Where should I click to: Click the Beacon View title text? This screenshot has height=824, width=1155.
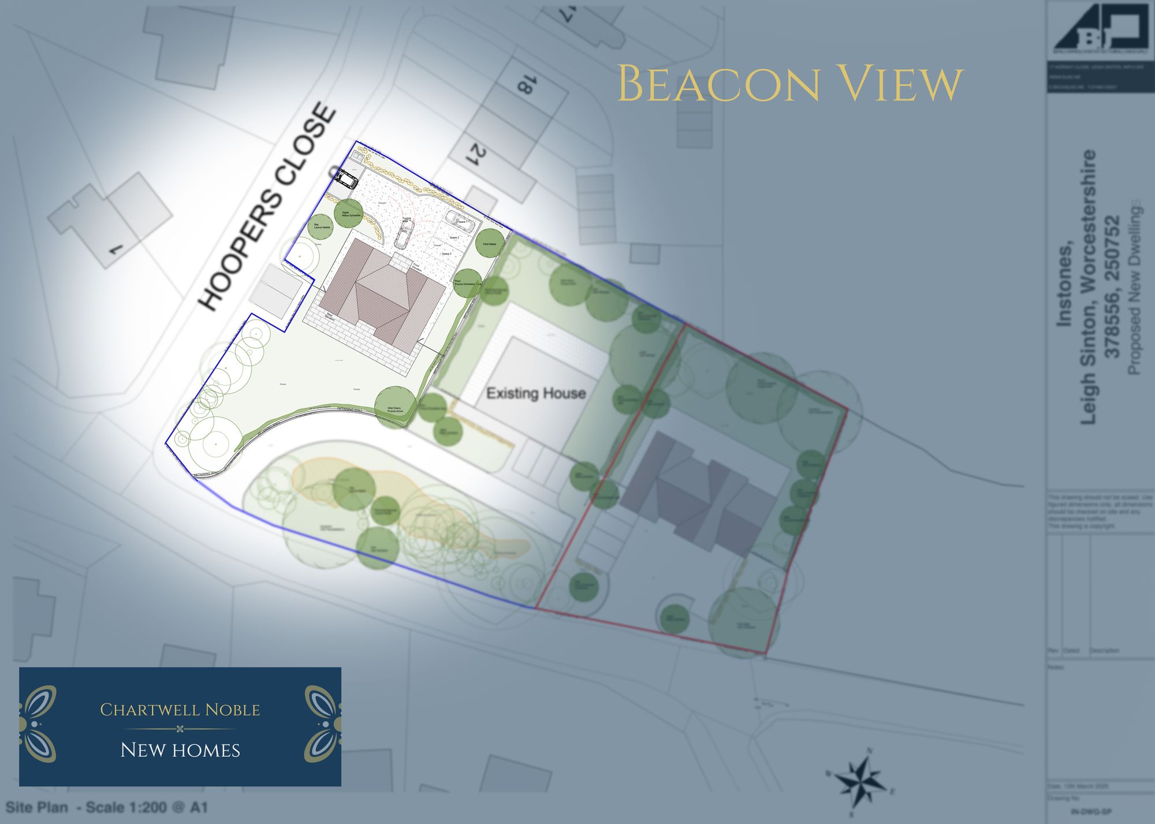[790, 85]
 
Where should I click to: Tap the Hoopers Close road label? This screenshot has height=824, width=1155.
[267, 208]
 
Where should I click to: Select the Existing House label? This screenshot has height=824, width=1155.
[536, 394]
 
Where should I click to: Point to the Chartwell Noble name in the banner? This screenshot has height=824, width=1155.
[180, 710]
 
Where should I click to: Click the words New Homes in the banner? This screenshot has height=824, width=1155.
[180, 750]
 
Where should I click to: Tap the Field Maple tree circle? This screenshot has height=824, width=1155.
[489, 244]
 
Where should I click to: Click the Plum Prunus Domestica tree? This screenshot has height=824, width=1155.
[467, 283]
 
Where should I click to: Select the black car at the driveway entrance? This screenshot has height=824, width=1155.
[346, 178]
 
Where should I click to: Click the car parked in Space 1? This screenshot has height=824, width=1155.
[459, 220]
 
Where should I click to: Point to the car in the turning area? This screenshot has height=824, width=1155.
[403, 236]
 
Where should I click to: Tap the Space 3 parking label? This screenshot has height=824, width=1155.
[446, 253]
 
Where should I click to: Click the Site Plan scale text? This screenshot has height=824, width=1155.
[107, 807]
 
